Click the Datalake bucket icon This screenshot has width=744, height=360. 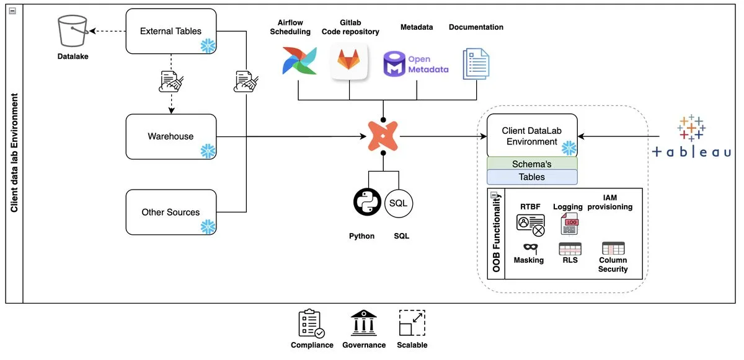pos(73,32)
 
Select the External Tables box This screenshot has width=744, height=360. pos(170,31)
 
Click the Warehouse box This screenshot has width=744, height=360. pos(170,136)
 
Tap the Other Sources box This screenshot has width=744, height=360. pos(170,212)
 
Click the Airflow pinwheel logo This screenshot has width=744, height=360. pos(294,61)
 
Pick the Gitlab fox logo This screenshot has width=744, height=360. pos(349,61)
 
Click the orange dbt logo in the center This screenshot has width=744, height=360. pos(383,136)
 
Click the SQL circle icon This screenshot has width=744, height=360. pos(399,203)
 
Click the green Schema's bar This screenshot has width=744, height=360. pos(532,164)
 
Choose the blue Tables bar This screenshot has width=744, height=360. pos(532,177)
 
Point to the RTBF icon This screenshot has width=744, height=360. pos(530,225)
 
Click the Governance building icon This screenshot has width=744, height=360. pos(364,323)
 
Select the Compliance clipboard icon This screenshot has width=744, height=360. pos(311,324)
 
